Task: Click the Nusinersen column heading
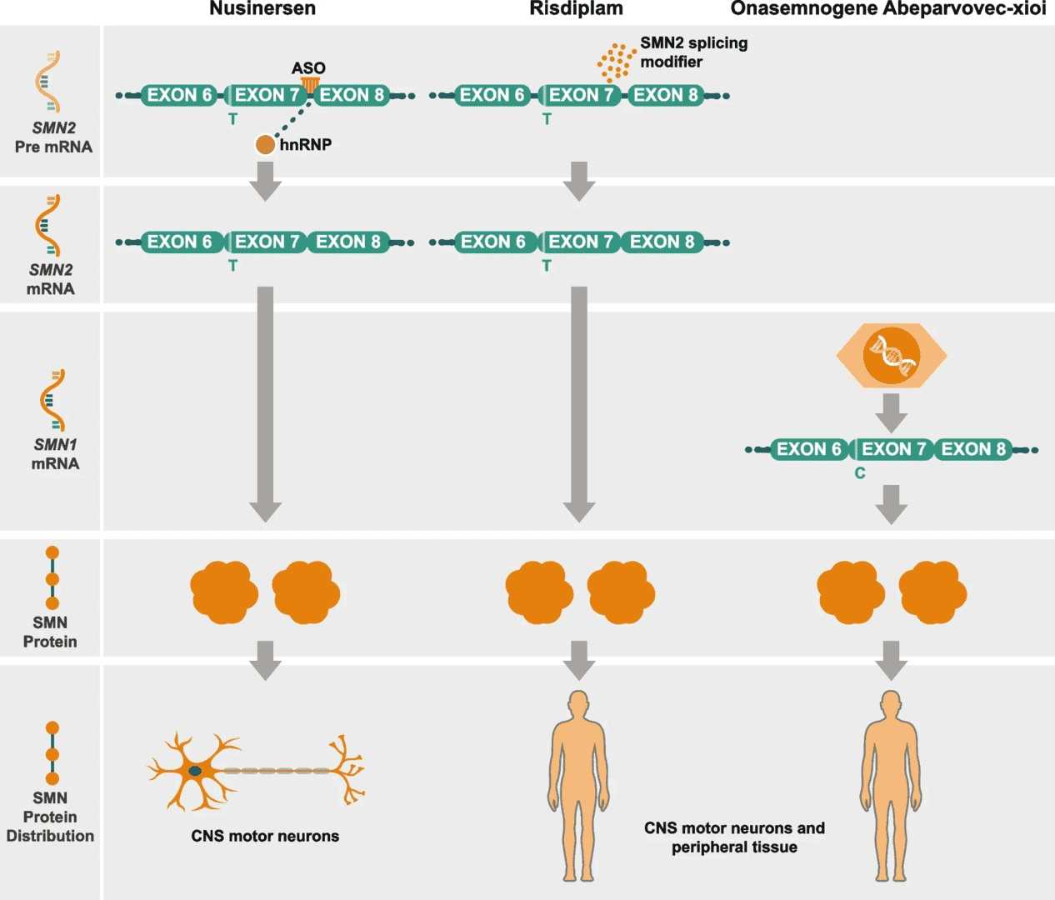point(262,9)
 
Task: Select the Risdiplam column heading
point(576,9)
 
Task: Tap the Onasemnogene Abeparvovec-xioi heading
point(887,9)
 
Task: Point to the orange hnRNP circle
point(265,145)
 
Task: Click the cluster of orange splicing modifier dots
point(616,62)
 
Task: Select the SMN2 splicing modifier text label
point(693,52)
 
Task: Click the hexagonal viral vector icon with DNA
point(891,356)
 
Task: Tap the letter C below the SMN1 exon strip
point(860,473)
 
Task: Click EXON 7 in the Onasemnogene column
point(893,450)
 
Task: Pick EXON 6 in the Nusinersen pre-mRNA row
point(180,96)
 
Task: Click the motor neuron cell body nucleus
point(195,771)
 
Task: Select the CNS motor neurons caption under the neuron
point(265,836)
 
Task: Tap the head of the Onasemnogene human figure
point(891,704)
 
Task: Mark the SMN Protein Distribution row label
point(50,817)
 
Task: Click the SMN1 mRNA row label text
point(55,454)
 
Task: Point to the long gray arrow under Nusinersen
point(265,400)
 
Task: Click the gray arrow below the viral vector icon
point(891,412)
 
